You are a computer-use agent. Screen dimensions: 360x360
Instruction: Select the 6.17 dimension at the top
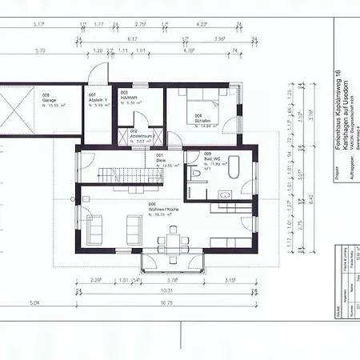click(x=134, y=38)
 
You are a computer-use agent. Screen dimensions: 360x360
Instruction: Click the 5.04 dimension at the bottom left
click(x=34, y=304)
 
